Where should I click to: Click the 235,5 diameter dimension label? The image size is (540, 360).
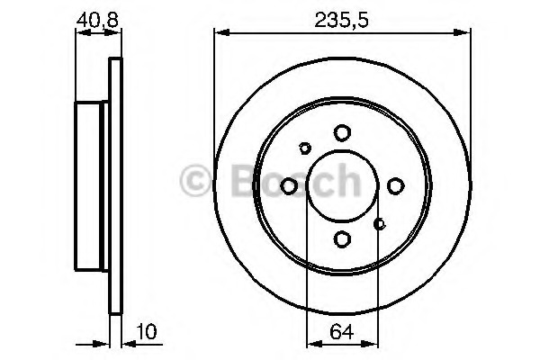pos(343,16)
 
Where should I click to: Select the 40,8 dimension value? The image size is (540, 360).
pos(96,16)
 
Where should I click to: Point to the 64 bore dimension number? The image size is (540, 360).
pos(341,331)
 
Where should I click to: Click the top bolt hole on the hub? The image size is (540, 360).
pos(342,133)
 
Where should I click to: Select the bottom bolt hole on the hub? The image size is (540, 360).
pos(342,238)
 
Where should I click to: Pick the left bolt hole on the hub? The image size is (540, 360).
pos(290,186)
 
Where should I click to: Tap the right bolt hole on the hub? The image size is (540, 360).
pos(395,186)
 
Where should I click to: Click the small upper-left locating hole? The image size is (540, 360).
pos(305,148)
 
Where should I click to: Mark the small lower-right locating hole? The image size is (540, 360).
pos(380,224)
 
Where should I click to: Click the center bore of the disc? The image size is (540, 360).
pos(342,186)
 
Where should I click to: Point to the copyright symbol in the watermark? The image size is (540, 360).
pos(193,183)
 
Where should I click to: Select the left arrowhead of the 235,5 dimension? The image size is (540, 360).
pos(220,33)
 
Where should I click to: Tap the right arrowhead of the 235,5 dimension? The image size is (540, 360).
pos(465,33)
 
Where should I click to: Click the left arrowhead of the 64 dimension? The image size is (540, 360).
pos(311,342)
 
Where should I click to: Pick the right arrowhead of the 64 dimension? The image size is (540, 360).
pos(371,342)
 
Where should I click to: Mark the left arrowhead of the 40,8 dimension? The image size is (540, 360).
pos(79,33)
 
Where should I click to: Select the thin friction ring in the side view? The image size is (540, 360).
pos(114,186)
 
